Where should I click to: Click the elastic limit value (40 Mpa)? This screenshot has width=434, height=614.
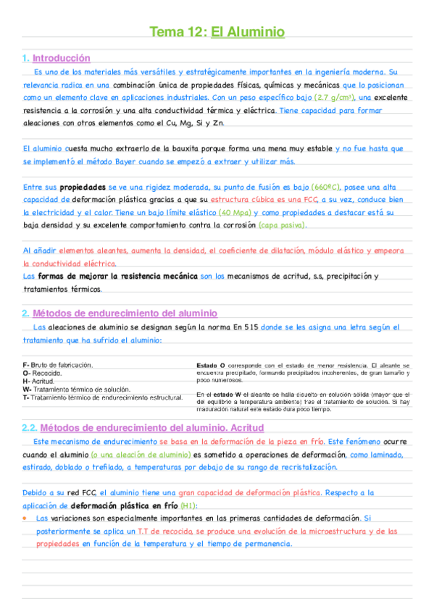pos(234,213)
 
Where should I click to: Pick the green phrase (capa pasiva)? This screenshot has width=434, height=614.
pos(282,225)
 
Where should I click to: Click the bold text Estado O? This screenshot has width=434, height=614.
pos(211,366)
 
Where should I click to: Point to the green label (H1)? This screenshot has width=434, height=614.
pos(188,505)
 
